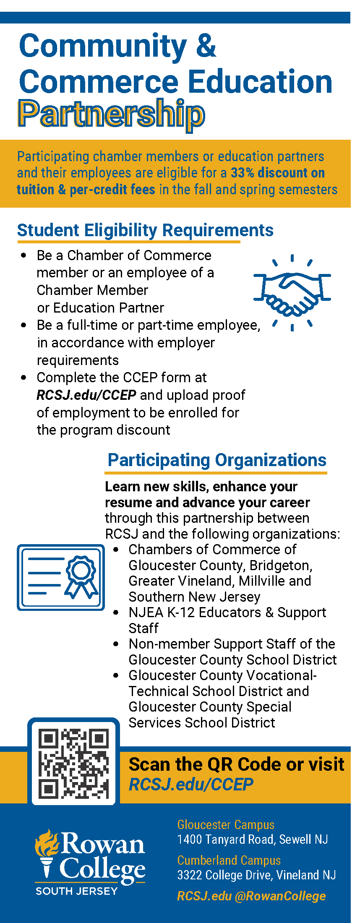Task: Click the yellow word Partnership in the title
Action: (x=111, y=114)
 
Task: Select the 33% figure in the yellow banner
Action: (x=243, y=173)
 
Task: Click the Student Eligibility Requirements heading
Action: (x=145, y=230)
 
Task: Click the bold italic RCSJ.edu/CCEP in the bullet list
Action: (x=86, y=395)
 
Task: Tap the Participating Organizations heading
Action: (x=217, y=460)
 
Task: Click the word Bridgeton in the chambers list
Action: (x=280, y=566)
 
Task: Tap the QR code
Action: (x=73, y=763)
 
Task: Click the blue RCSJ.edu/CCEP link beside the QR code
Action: (x=191, y=784)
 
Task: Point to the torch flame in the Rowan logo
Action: (x=47, y=844)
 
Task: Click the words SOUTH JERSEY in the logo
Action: (x=77, y=891)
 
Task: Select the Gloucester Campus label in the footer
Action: (x=226, y=825)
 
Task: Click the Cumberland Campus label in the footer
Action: (x=229, y=860)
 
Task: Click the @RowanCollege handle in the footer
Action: (x=280, y=896)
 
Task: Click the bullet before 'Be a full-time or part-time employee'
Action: (x=24, y=325)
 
